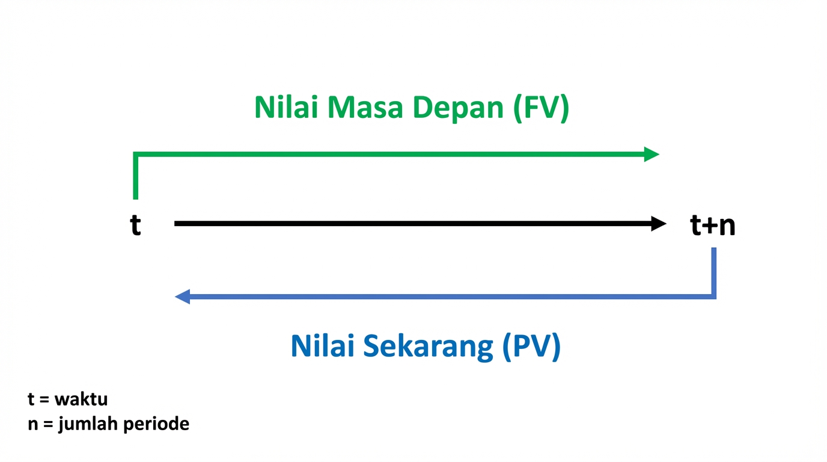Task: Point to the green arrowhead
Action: coord(652,154)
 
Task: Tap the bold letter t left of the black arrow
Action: coord(136,226)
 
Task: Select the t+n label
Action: coord(713,226)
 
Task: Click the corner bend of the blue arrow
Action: coord(713,296)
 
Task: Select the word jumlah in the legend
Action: coord(88,425)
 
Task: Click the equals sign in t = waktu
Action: coord(44,400)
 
